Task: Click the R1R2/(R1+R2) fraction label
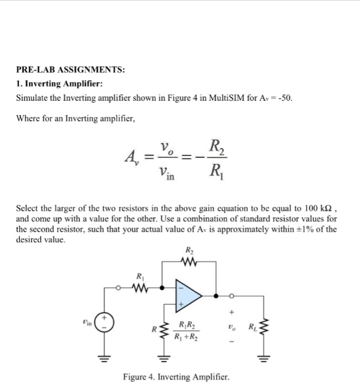tap(186, 331)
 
